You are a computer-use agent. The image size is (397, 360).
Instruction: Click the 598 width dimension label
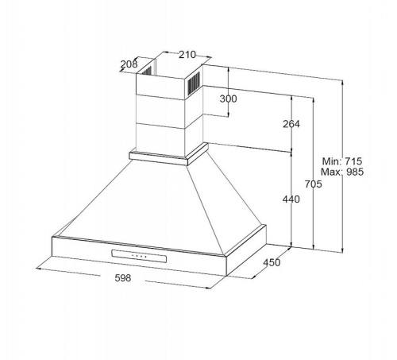tap(123, 278)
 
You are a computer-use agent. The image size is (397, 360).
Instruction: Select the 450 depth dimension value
tap(272, 262)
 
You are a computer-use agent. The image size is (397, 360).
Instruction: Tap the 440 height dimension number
tap(291, 199)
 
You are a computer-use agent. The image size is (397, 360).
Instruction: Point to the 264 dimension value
tap(291, 124)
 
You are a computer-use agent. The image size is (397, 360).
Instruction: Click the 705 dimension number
tap(313, 184)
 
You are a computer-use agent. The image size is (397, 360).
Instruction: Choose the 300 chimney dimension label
tap(228, 99)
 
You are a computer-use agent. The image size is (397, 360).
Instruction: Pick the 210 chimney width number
tap(187, 55)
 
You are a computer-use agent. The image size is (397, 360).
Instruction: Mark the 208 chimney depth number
tap(129, 64)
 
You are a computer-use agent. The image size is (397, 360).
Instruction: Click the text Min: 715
tap(342, 161)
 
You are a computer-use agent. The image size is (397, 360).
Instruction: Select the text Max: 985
tap(342, 172)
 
